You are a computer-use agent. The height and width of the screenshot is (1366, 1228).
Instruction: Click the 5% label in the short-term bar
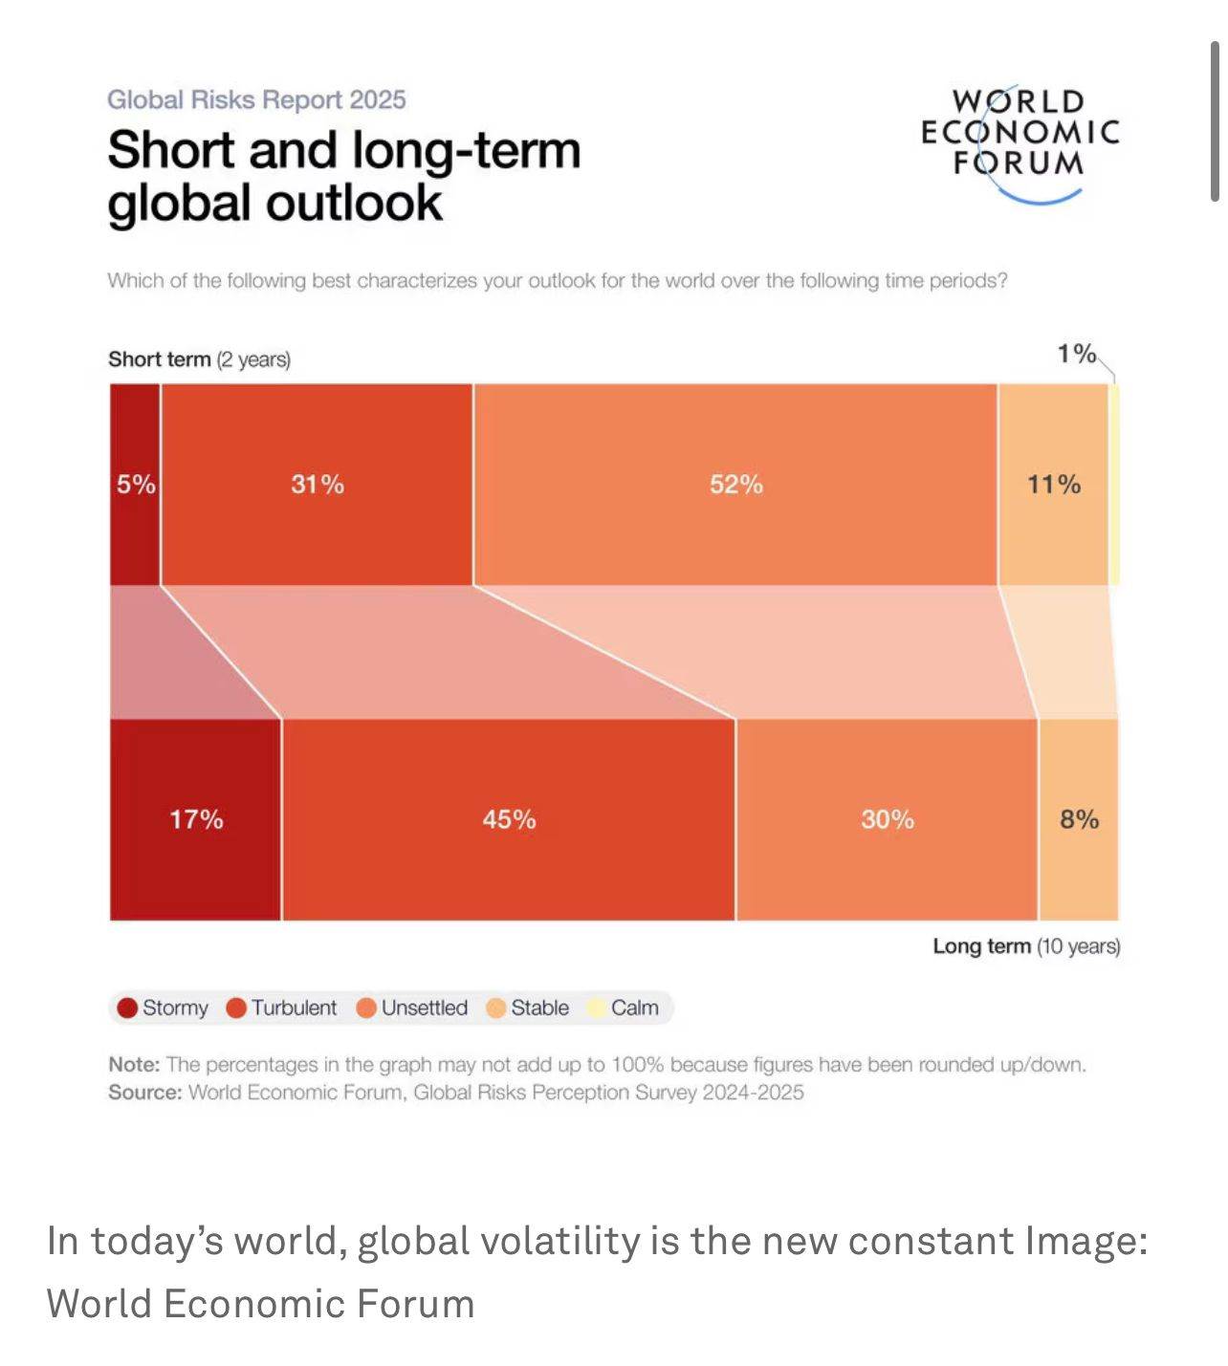coord(136,485)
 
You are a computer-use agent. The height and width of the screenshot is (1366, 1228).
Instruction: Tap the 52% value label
coord(735,485)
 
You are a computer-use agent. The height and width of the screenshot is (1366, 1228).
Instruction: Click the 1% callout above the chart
coord(1076,354)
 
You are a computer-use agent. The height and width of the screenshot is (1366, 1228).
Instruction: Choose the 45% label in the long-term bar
coord(509,819)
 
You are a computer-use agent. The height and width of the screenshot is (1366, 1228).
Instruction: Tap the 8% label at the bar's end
coord(1079,819)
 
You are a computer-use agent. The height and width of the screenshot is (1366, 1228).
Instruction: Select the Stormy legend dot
coord(127,1008)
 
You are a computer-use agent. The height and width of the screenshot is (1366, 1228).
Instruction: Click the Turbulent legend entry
coord(282,1008)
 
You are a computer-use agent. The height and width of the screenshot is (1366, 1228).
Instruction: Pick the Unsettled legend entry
coord(412,1008)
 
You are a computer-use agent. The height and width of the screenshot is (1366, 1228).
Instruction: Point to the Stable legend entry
coord(528,1008)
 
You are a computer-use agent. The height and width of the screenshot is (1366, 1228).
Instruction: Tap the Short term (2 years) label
coord(199,359)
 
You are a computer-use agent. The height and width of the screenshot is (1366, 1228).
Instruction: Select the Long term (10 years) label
coord(1026,946)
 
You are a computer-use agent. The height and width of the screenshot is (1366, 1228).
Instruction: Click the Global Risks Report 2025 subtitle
coord(256,99)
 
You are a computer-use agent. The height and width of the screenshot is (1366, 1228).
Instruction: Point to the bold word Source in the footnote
coord(144,1093)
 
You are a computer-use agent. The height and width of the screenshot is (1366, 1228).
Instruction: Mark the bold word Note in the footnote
coord(134,1065)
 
